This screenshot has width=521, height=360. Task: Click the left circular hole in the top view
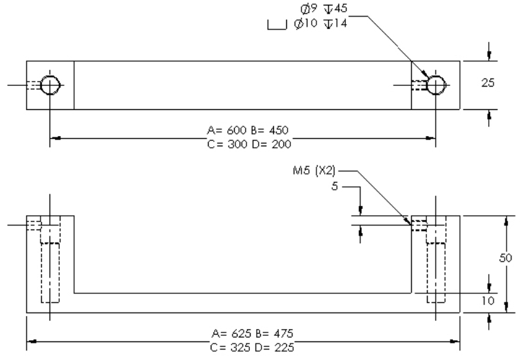(x=49, y=85)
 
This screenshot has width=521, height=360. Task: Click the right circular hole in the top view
(x=436, y=85)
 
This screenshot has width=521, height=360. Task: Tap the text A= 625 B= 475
(x=244, y=334)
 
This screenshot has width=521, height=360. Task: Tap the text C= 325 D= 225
(x=244, y=346)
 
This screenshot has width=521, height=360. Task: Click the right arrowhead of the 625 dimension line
(x=455, y=341)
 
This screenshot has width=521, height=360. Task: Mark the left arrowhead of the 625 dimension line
(x=32, y=341)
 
